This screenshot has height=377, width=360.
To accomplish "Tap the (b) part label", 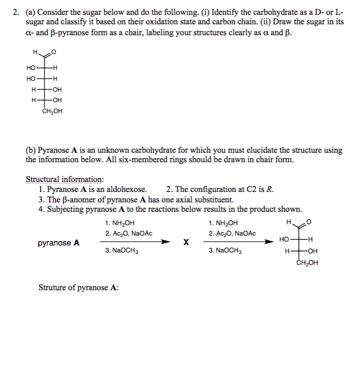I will tap(31, 150).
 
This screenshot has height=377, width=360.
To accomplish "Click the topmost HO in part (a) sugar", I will tap(31, 68).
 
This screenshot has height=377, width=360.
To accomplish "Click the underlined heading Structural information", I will tap(64, 180).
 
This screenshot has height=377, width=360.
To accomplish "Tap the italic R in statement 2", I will tap(269, 189).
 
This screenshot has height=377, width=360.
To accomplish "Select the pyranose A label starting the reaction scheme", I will tap(59, 243).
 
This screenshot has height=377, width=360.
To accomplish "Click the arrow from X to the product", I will tap(241, 242).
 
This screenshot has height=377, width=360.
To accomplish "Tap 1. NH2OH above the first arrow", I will tap(120, 223).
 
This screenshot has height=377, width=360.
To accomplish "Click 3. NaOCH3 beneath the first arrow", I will tap(121, 251).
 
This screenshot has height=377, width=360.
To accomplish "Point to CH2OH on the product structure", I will tap(307, 263).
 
